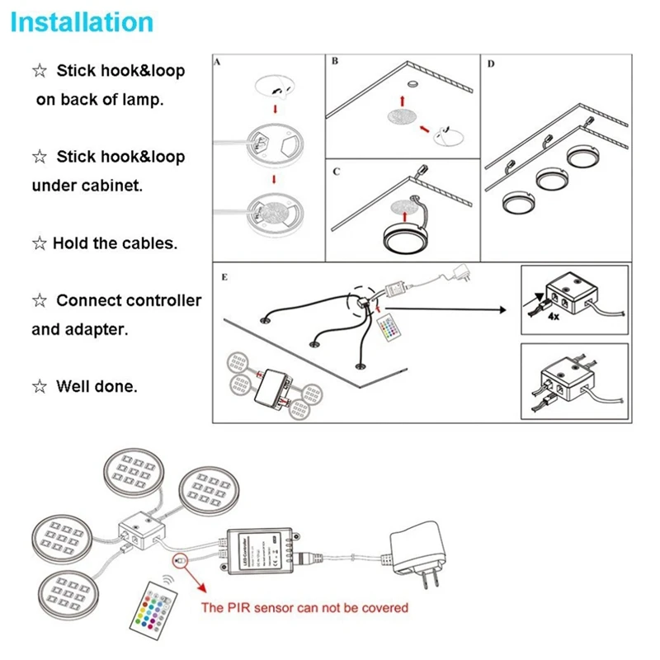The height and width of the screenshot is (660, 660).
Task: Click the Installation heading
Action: (82, 21)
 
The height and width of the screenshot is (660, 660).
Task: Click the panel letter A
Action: (217, 63)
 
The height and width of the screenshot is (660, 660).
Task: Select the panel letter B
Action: (334, 63)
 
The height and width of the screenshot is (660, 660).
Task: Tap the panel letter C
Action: (336, 172)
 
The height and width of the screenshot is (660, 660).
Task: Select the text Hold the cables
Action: (115, 243)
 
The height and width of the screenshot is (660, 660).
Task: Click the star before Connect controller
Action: (39, 301)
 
